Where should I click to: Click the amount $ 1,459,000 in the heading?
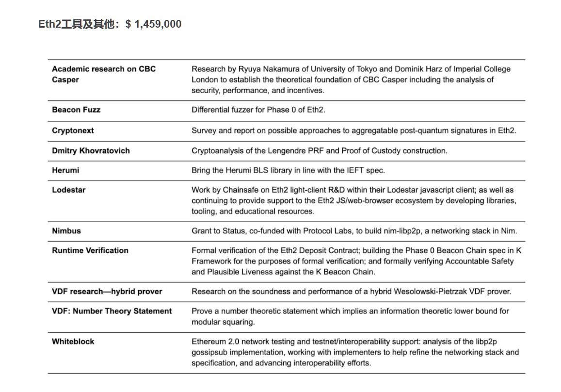point(153,24)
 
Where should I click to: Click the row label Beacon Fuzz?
point(76,110)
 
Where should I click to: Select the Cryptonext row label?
point(73,131)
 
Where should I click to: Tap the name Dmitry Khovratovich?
point(91,150)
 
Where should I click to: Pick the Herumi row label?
point(65,170)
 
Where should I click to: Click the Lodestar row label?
point(68,190)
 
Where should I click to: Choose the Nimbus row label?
point(66,231)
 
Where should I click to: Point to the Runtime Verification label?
point(90,250)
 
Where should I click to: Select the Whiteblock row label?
point(73,341)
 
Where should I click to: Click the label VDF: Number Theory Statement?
point(112,311)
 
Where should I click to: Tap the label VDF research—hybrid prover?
point(107,291)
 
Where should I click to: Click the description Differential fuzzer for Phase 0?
point(258,110)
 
